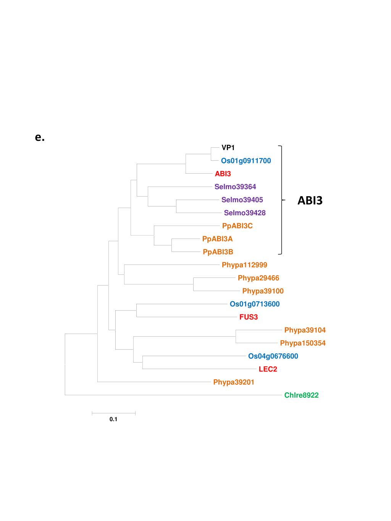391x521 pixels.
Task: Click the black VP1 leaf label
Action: [x=228, y=148]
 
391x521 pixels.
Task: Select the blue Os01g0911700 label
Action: [x=246, y=161]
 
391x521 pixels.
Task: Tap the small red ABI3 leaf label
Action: [x=223, y=174]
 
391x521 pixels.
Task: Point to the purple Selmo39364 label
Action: [x=235, y=187]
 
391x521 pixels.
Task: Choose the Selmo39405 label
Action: [x=242, y=200]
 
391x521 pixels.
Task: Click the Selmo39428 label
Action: [x=245, y=213]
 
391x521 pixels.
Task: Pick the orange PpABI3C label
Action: [x=238, y=226]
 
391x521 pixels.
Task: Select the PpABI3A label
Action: [x=217, y=239]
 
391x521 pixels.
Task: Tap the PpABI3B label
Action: [x=218, y=252]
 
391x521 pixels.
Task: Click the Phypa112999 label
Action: [x=244, y=265]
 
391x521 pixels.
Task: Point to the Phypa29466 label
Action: [x=259, y=278]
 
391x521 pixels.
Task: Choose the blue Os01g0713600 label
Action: [x=255, y=304]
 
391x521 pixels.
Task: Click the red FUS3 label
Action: [x=249, y=317]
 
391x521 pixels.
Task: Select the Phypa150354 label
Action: [x=303, y=343]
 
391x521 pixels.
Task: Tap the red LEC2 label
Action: [x=268, y=369]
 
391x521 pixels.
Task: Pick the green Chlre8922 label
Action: [x=301, y=395]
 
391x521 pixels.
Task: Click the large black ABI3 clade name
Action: [x=310, y=200]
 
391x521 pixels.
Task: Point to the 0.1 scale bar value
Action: [x=113, y=419]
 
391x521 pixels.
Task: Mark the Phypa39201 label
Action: [x=234, y=382]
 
